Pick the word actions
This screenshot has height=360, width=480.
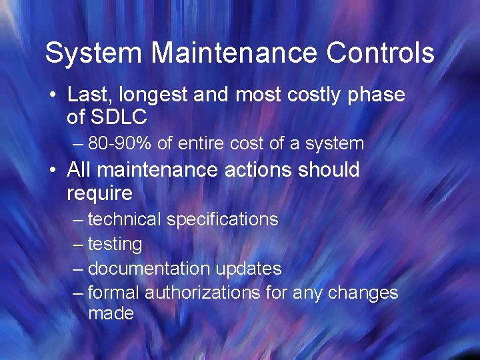(x=255, y=170)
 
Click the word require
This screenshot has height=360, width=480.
(x=99, y=194)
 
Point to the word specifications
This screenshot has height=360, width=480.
(x=222, y=219)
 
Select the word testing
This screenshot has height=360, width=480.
(x=115, y=245)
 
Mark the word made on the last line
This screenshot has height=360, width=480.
(x=111, y=313)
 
